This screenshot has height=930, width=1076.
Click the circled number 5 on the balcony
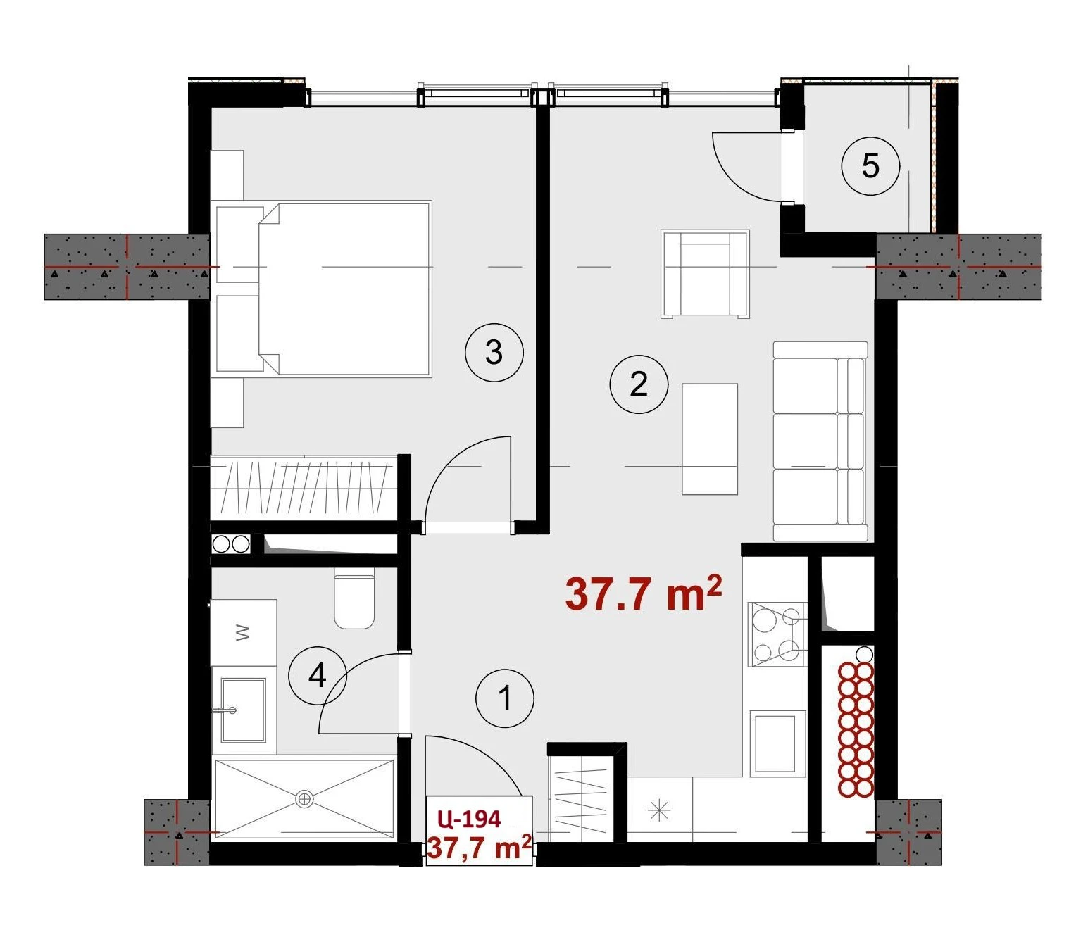click(x=870, y=166)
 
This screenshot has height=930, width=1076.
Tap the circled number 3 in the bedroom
click(x=494, y=352)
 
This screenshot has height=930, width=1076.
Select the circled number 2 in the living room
click(x=639, y=384)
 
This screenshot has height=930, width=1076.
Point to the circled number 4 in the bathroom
click(x=317, y=676)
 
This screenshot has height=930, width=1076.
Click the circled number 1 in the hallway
click(x=504, y=698)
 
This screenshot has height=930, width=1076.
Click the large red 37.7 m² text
click(x=643, y=593)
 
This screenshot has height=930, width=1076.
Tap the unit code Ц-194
click(x=470, y=819)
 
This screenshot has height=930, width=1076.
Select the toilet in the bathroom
click(x=354, y=599)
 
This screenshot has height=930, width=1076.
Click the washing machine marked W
click(x=243, y=632)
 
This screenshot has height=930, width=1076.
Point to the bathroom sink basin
click(x=242, y=710)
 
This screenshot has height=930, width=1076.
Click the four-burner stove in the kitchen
click(x=777, y=634)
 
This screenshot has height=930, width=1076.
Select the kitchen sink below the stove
click(x=777, y=743)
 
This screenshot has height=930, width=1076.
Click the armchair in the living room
click(x=705, y=274)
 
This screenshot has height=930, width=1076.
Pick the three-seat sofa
click(x=820, y=441)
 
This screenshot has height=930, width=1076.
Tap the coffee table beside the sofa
click(x=710, y=439)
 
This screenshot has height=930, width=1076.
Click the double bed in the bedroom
click(x=344, y=289)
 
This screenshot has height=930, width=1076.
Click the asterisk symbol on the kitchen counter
click(x=659, y=810)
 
